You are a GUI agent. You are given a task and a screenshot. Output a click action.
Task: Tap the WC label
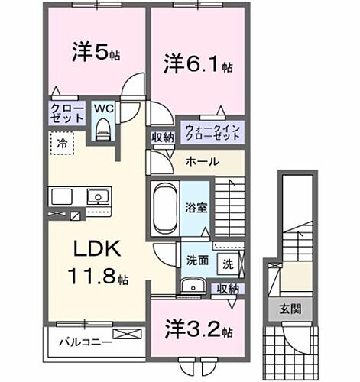pyautogui.click(x=103, y=109)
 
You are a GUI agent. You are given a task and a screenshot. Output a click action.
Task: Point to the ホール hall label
pyautogui.click(x=203, y=161)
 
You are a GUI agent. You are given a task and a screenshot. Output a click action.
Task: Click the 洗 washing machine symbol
pyautogui.click(x=228, y=263)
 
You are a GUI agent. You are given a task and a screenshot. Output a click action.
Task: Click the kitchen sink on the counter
pyautogui.click(x=99, y=197)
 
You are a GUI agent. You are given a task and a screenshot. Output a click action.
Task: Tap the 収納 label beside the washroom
pyautogui.click(x=227, y=288)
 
